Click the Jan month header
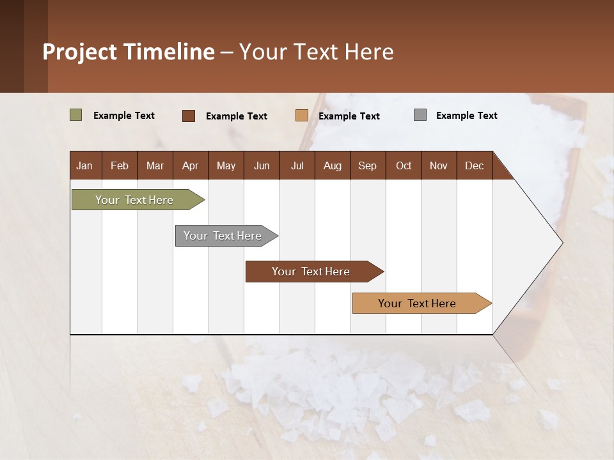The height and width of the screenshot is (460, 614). (x=84, y=165)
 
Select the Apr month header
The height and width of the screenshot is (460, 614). (x=190, y=165)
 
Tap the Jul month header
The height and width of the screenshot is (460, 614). (x=297, y=165)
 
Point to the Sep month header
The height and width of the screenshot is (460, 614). (x=367, y=165)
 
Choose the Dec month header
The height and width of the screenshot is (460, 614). (x=474, y=165)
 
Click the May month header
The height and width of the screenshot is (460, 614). (x=226, y=165)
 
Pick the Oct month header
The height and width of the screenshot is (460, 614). (x=404, y=165)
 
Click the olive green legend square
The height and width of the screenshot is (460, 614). (x=75, y=115)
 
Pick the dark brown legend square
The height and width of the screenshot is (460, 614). (x=189, y=116)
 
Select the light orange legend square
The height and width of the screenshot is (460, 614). (x=302, y=116)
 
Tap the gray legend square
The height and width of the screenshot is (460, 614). (x=420, y=115)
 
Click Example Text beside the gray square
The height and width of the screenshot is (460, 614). (x=466, y=116)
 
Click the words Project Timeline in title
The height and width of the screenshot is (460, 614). (x=129, y=52)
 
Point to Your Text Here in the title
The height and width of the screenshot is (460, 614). (x=317, y=52)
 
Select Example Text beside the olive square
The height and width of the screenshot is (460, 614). (x=124, y=116)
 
